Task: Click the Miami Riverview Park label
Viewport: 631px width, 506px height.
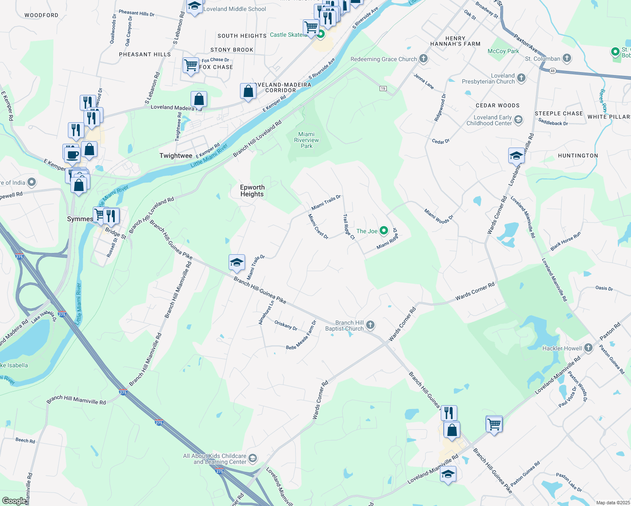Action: (x=307, y=140)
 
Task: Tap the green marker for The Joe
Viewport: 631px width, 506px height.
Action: (x=384, y=231)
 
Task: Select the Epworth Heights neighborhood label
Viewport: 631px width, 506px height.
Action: (x=252, y=191)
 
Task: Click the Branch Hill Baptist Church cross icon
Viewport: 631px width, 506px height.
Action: (x=370, y=325)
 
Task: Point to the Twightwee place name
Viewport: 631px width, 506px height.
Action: (x=176, y=156)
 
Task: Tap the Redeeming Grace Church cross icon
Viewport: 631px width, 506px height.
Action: (x=423, y=59)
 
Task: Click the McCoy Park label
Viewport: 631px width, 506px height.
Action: (x=503, y=51)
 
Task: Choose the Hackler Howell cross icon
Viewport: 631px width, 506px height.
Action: (x=588, y=348)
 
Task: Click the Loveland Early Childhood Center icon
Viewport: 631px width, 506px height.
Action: (x=518, y=120)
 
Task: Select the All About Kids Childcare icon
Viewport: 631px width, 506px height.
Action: (x=253, y=458)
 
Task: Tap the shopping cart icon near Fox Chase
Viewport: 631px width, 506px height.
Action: (x=191, y=65)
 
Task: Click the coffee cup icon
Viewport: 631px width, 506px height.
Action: (x=72, y=154)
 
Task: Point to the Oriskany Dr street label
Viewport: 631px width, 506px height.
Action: (x=286, y=326)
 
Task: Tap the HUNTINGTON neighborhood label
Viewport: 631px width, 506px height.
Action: (x=578, y=156)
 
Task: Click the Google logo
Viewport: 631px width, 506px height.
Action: (x=13, y=501)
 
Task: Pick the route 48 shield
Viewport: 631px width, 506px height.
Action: (x=553, y=71)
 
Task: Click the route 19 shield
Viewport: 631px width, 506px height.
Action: (x=383, y=89)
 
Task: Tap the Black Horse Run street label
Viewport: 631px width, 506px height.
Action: (x=565, y=241)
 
